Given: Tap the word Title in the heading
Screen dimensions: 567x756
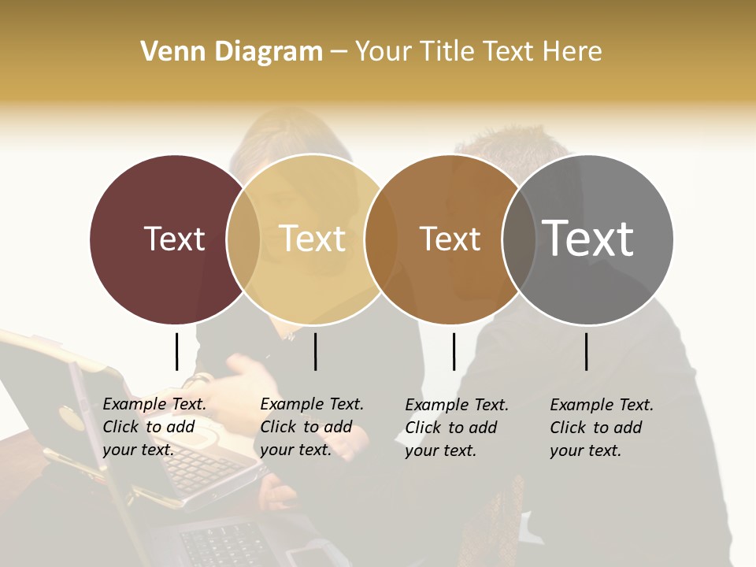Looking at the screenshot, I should coord(449,51).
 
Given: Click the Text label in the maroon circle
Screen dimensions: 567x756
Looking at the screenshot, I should coord(174,239).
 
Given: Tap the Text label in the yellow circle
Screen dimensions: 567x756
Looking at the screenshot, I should coord(313,239).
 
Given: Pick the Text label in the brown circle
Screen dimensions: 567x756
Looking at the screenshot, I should coord(450,239).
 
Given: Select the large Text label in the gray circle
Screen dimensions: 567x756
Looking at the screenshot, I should coord(588,239).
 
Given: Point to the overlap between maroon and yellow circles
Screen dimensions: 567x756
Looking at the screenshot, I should coord(243,239).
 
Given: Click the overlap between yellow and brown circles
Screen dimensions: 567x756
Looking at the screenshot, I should coord(382,239).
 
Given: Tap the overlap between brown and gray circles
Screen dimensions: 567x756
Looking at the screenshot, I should coord(519,239).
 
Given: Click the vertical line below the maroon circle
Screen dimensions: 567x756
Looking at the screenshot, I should coord(177,351).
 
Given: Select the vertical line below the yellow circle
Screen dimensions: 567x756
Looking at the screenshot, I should coord(315,351).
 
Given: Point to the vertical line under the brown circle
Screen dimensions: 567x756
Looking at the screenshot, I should coord(454,351).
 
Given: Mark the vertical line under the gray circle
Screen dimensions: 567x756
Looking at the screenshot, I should coord(587,351).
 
